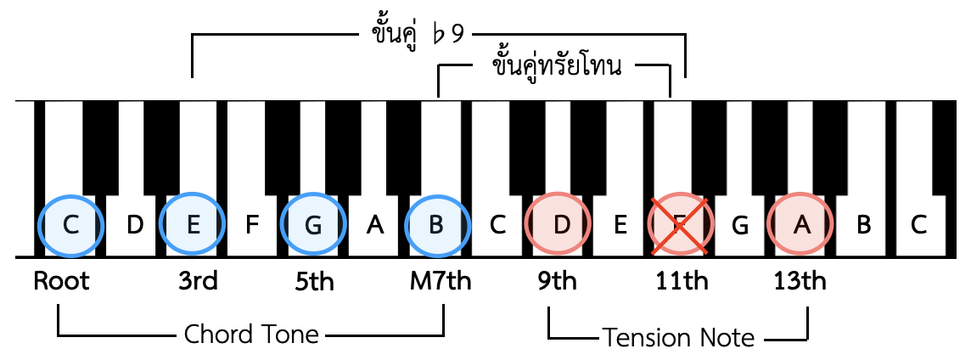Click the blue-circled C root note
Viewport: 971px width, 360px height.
(70, 224)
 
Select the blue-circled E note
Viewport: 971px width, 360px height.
(193, 224)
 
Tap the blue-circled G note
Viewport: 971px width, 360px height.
(313, 224)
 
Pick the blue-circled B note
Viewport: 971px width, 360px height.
(436, 224)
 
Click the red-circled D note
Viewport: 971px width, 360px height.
(558, 224)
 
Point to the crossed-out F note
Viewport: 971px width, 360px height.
(680, 224)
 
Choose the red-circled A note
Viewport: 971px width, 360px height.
(801, 224)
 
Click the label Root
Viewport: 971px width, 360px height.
(61, 281)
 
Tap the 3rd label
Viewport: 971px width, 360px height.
(198, 281)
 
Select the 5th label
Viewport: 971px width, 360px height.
(314, 281)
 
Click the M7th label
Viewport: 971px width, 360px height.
(441, 281)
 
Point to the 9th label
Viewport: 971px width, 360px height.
(557, 281)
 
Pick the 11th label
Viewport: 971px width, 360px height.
(682, 281)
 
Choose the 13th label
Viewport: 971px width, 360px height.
(800, 281)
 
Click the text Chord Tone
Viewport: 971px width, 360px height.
(251, 335)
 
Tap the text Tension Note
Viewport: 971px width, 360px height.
(679, 338)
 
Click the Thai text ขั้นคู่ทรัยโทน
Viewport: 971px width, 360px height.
(556, 65)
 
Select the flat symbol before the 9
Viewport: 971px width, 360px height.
(439, 34)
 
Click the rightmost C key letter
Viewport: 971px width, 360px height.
(919, 225)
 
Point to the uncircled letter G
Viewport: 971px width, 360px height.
(739, 225)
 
